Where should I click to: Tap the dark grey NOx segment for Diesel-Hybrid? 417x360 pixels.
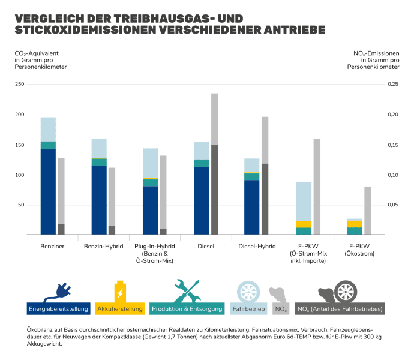[x=265, y=199]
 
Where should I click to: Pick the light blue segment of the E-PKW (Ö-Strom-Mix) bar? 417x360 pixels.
[x=304, y=202]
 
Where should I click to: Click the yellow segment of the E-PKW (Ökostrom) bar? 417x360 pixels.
[x=355, y=224]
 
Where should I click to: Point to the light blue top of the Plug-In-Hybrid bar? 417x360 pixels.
[x=150, y=163]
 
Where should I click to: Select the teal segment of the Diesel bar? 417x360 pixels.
[x=202, y=163]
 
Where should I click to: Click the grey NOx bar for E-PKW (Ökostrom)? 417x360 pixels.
[x=368, y=210]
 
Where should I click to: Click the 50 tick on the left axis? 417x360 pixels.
[x=20, y=205]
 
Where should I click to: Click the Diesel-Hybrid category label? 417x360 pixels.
[x=257, y=247]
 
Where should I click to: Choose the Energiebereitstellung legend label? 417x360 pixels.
[x=59, y=309]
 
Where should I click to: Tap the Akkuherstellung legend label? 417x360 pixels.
[x=119, y=309]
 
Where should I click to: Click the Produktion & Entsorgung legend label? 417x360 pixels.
[x=187, y=309]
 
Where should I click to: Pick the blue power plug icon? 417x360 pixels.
[x=59, y=290]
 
